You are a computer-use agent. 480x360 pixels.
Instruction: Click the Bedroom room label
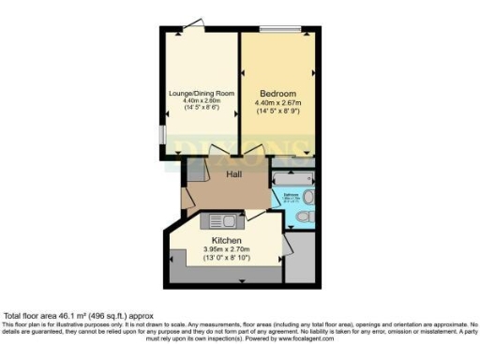tap(277, 94)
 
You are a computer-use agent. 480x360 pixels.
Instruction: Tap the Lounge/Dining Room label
tap(202, 93)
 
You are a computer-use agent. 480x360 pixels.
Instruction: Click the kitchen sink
tap(220, 220)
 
